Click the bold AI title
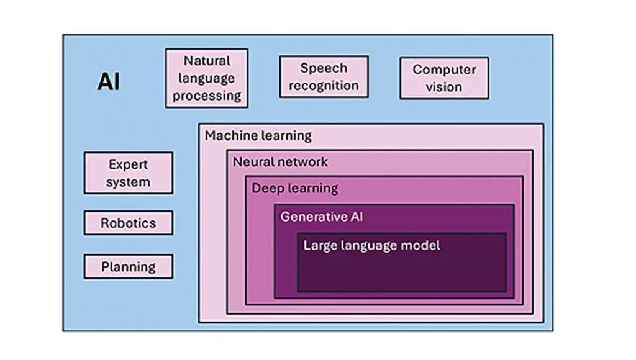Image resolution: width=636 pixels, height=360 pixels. (108, 82)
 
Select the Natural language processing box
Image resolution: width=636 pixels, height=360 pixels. (207, 78)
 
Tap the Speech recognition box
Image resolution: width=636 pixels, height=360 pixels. (324, 77)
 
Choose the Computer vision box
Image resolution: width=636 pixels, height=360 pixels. (444, 78)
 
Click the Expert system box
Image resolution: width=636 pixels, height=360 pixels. (129, 173)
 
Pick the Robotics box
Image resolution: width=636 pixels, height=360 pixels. (129, 223)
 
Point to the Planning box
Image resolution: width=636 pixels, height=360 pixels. (129, 267)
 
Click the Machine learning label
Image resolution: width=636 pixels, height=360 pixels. (258, 135)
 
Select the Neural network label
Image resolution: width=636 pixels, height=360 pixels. (280, 162)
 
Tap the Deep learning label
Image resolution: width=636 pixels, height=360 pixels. (295, 188)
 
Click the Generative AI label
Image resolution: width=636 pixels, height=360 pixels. (322, 217)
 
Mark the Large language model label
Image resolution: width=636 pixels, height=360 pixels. (371, 245)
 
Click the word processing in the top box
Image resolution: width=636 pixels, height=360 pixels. (207, 96)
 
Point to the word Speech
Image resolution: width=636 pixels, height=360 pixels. (324, 68)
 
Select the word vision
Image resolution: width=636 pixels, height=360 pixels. (444, 87)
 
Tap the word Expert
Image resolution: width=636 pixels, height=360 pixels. (129, 164)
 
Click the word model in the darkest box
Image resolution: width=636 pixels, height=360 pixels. (420, 245)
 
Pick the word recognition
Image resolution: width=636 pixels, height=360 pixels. (324, 86)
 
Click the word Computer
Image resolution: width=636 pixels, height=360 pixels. (444, 70)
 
